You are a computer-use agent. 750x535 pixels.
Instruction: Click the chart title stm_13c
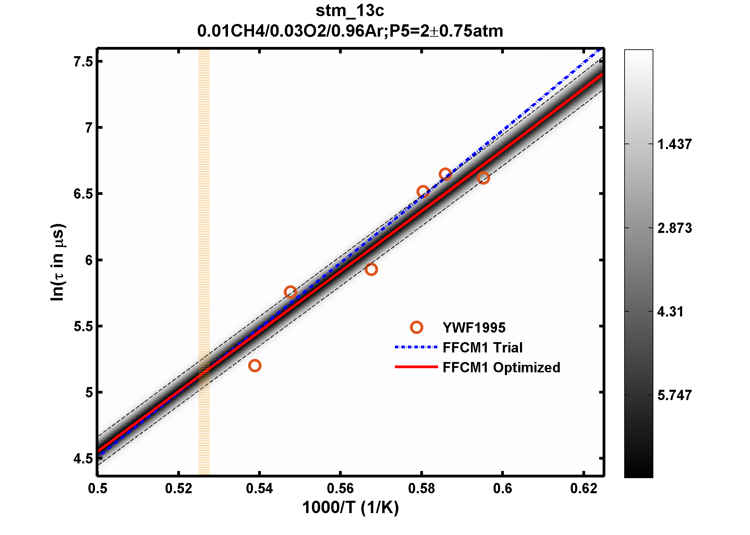click(350, 11)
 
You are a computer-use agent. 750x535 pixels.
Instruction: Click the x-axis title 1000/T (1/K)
click(350, 507)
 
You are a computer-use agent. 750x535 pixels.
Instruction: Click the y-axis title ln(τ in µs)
click(57, 262)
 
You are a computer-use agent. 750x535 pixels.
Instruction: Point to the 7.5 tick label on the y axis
click(83, 62)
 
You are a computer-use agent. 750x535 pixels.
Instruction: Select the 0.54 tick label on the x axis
click(259, 488)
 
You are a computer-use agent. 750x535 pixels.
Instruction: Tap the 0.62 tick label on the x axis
click(583, 488)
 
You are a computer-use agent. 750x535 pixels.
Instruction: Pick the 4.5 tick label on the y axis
click(83, 459)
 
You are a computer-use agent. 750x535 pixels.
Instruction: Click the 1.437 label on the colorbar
click(674, 144)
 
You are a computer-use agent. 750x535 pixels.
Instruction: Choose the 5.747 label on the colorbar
click(674, 395)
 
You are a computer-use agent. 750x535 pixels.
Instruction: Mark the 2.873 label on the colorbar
click(674, 228)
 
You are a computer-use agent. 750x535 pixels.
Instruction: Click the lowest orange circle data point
click(255, 365)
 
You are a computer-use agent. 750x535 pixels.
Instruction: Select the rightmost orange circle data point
click(483, 178)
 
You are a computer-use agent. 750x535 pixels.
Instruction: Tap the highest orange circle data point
click(445, 174)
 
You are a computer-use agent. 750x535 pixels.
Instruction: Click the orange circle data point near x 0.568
click(371, 269)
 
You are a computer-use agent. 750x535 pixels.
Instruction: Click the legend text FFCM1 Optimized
click(501, 367)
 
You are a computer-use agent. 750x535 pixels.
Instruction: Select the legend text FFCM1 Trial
click(482, 347)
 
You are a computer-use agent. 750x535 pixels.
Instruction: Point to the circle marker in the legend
click(416, 327)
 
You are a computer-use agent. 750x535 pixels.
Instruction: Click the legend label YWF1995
click(474, 328)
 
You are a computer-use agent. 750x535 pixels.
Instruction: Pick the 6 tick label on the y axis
click(89, 260)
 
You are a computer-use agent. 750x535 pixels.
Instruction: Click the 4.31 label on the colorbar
click(670, 312)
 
